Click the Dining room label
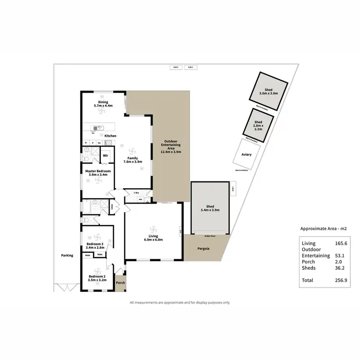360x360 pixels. coord(103,102)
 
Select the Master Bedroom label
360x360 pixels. coord(98,171)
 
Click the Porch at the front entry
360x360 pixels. coord(120,283)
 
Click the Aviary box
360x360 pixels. coord(247,155)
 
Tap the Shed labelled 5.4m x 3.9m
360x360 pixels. coord(210,207)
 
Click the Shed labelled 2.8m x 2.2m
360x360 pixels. coord(258,126)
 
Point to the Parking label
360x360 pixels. coord(67,255)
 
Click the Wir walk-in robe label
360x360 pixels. coord(105,156)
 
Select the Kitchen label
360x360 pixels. coord(110,136)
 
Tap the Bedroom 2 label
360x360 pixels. coord(97,276)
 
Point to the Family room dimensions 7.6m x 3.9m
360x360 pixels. coord(132,162)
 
